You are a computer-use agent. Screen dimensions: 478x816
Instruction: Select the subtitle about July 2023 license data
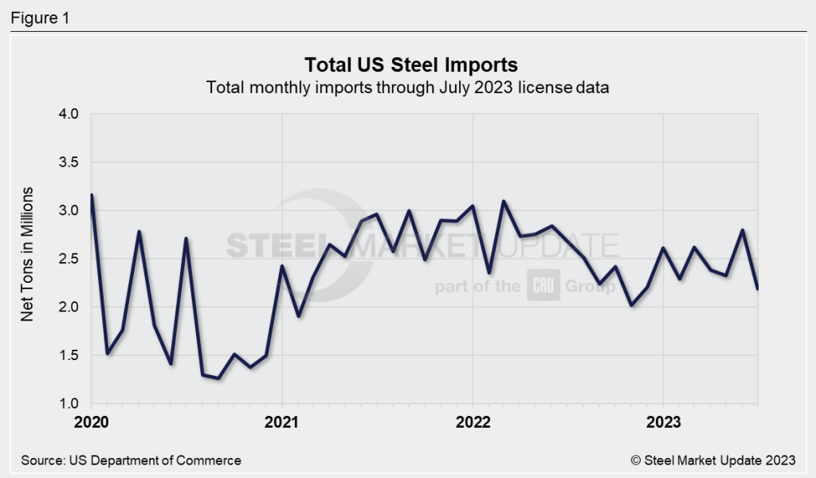tap(407, 88)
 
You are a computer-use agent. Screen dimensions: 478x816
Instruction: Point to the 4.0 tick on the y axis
tap(69, 114)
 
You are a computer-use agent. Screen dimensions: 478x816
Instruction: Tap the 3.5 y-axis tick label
tap(69, 163)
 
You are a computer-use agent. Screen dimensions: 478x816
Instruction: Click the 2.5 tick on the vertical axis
tap(69, 259)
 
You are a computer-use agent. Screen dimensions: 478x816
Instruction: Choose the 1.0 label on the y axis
tap(69, 404)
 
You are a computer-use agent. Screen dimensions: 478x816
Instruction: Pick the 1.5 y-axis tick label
tap(69, 355)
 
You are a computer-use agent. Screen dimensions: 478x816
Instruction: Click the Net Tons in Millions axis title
tap(28, 255)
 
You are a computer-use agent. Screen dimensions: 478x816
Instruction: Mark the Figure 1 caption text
tap(40, 17)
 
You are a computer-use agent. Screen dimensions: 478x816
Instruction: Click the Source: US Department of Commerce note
tap(131, 460)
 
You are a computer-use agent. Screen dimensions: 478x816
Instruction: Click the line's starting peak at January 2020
tap(92, 195)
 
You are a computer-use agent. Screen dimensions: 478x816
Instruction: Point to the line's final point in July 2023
tap(757, 288)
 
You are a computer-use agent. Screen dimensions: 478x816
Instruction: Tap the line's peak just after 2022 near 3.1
tap(504, 202)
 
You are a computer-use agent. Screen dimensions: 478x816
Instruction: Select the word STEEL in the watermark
tap(272, 245)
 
